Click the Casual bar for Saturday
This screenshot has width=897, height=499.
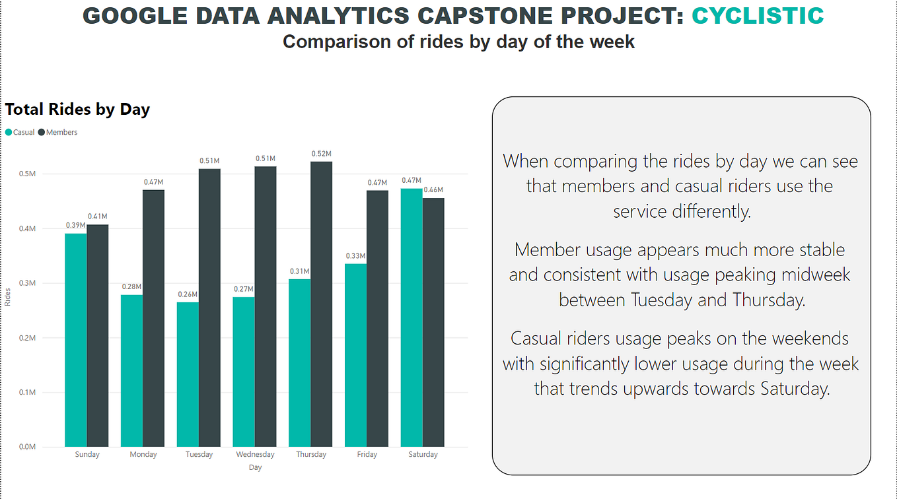[412, 317]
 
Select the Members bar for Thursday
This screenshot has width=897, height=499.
[321, 304]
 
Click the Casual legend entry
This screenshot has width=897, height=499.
[20, 133]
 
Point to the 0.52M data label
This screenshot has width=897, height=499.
[321, 154]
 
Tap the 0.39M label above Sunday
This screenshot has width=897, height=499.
[75, 226]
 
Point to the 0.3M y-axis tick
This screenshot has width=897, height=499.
[27, 283]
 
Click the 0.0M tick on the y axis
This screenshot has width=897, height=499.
[27, 447]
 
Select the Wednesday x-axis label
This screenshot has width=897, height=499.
[255, 455]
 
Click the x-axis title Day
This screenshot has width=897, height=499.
[255, 467]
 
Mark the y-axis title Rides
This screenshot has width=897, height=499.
[8, 298]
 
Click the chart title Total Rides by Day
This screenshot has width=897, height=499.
[77, 110]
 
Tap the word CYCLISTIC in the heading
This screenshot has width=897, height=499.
[758, 16]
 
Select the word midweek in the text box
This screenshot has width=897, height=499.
[812, 275]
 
